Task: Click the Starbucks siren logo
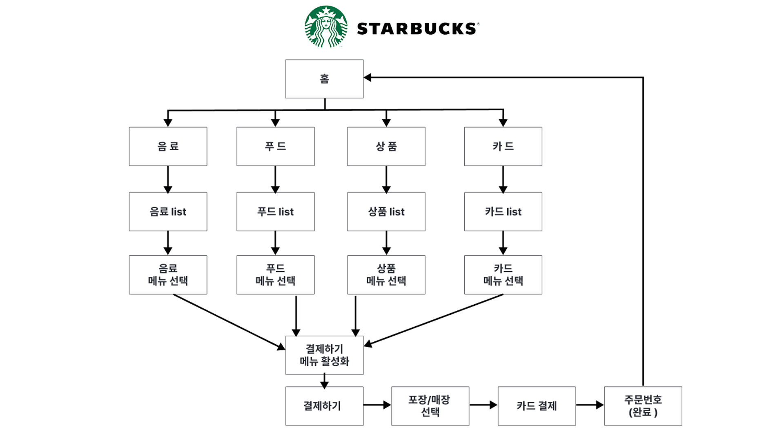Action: pyautogui.click(x=326, y=27)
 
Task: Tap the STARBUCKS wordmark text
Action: pyautogui.click(x=417, y=29)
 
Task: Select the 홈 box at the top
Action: pyautogui.click(x=324, y=79)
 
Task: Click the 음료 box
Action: pyautogui.click(x=168, y=146)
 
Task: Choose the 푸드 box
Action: pyautogui.click(x=275, y=146)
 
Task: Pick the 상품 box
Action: pyautogui.click(x=386, y=146)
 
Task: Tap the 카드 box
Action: pyautogui.click(x=503, y=146)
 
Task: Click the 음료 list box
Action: pyautogui.click(x=168, y=212)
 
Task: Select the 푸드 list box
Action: pyautogui.click(x=275, y=212)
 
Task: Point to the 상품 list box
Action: pyautogui.click(x=386, y=212)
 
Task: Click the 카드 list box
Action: pyautogui.click(x=503, y=212)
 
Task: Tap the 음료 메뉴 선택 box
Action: pyautogui.click(x=168, y=275)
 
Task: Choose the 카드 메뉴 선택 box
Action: pyautogui.click(x=503, y=275)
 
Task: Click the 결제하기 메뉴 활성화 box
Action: pyautogui.click(x=324, y=355)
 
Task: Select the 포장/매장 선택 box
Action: pyautogui.click(x=430, y=406)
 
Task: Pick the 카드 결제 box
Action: pyautogui.click(x=537, y=406)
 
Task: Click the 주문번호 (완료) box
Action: pyautogui.click(x=643, y=406)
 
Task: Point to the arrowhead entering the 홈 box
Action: pyautogui.click(x=367, y=77)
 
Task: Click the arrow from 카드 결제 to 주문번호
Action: pyautogui.click(x=590, y=405)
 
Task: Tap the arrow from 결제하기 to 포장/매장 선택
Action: pyautogui.click(x=377, y=405)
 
